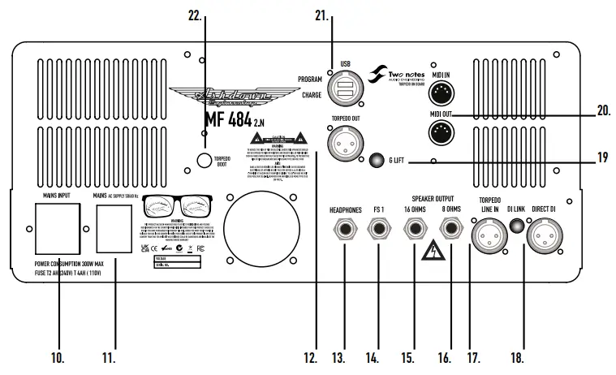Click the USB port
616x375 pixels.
click(x=341, y=88)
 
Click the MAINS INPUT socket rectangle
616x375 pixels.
click(x=57, y=229)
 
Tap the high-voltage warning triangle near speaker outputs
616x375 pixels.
click(x=432, y=249)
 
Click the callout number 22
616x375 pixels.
click(x=195, y=15)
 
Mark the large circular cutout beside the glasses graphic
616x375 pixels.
click(x=258, y=223)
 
